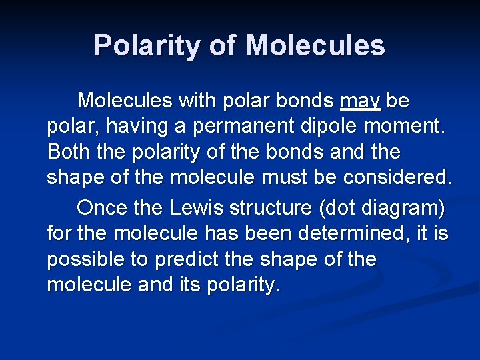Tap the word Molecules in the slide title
(315, 46)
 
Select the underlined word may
(360, 101)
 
